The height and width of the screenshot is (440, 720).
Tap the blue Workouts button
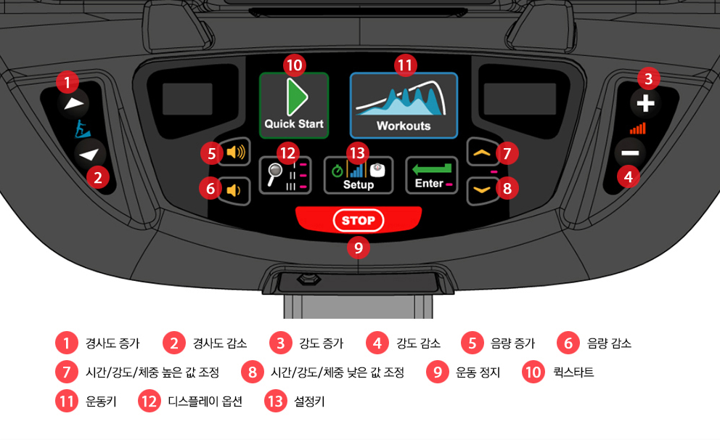[404, 105]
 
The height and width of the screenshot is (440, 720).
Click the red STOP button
[359, 220]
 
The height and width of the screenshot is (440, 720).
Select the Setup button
[359, 175]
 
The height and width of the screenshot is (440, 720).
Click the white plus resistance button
[645, 103]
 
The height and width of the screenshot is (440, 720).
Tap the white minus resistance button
[630, 153]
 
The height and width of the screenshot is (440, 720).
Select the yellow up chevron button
[482, 152]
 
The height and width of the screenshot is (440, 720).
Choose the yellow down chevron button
[482, 190]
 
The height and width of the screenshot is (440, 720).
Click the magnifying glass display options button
[285, 175]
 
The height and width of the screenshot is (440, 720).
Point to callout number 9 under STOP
[359, 248]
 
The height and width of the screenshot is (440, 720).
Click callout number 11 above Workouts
[405, 65]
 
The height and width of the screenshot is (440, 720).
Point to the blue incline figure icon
[82, 129]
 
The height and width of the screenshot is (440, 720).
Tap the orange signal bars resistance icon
[638, 129]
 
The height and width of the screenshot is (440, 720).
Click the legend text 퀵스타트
[573, 372]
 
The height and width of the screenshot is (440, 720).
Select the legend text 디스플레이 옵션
[205, 402]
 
